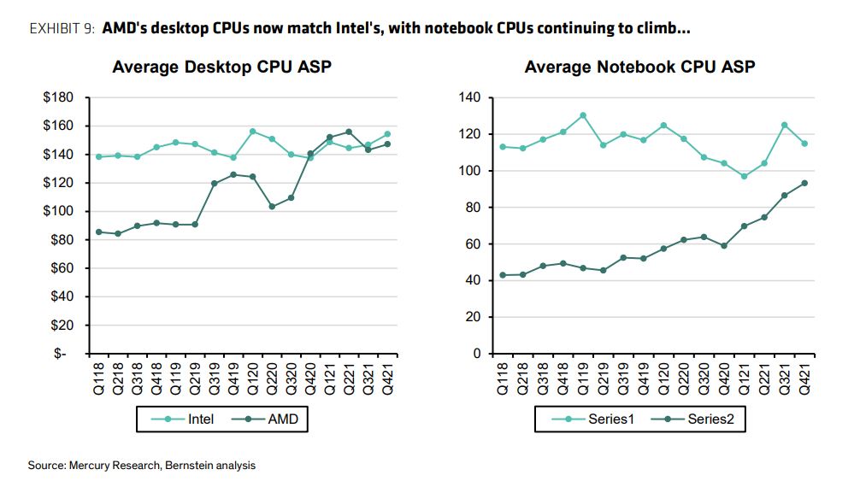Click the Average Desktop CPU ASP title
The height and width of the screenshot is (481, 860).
[x=221, y=67]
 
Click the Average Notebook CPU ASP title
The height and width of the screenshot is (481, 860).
[x=639, y=67]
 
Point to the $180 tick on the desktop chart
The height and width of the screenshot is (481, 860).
[x=60, y=97]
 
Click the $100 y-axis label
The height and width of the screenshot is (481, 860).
[x=60, y=212]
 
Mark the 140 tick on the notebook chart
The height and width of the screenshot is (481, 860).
[x=471, y=97]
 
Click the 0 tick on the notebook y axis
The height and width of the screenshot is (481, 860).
[x=478, y=354]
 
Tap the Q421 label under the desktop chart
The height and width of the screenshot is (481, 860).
[x=387, y=378]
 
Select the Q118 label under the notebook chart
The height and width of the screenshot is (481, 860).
[x=502, y=378]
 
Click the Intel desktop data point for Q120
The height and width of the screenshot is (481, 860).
[x=252, y=132]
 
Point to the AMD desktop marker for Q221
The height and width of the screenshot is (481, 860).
[x=348, y=132]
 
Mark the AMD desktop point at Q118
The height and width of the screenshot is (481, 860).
[x=98, y=232]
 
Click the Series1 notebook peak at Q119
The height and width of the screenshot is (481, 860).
[x=582, y=115]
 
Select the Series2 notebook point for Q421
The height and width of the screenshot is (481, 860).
[x=804, y=183]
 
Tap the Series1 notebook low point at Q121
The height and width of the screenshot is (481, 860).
[x=744, y=176]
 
